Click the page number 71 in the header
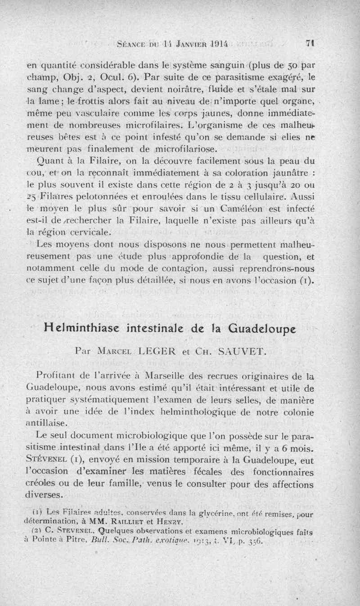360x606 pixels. click(309, 44)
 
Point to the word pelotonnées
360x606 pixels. click(111, 209)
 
